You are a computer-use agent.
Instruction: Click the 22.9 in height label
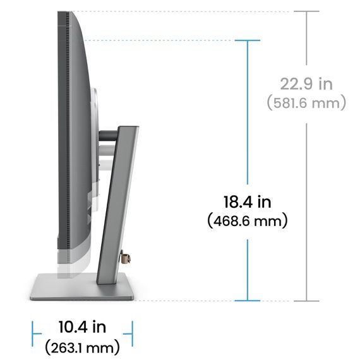[x=306, y=83]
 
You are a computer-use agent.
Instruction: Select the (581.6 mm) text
[x=306, y=102]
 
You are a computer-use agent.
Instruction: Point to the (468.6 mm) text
[x=247, y=221]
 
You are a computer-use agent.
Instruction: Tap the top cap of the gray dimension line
[x=306, y=11]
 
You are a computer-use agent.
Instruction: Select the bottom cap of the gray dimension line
[x=306, y=300]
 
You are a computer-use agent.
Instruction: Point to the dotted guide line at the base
[x=189, y=300]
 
